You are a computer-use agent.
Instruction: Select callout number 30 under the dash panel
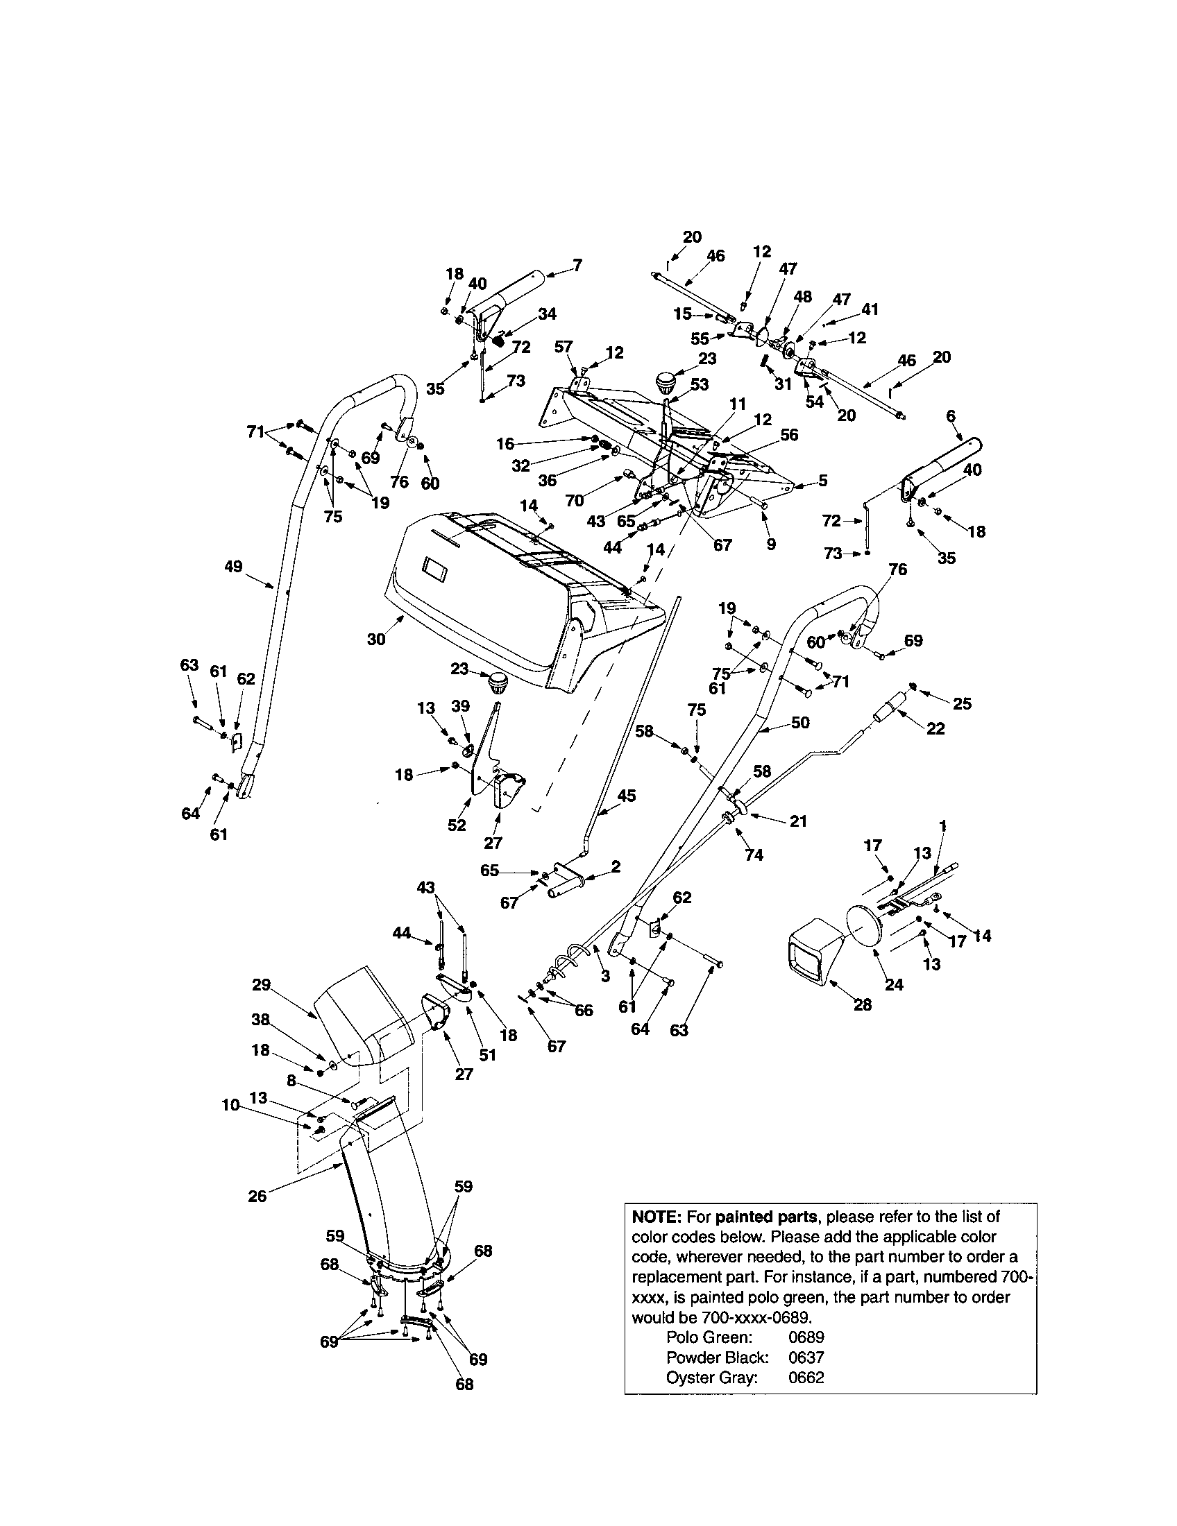click(376, 639)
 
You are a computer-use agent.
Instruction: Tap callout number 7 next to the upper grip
click(577, 265)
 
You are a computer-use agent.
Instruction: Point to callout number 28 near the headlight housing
click(863, 1005)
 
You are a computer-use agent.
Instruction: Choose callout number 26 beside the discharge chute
click(257, 1196)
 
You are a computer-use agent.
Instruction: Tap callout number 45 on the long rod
click(626, 795)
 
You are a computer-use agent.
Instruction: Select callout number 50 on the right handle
click(799, 723)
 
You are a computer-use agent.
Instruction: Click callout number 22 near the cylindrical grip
click(935, 729)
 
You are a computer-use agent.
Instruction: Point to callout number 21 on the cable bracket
click(798, 821)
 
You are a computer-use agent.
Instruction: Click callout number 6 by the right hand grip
click(951, 415)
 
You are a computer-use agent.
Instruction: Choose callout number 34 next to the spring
click(547, 314)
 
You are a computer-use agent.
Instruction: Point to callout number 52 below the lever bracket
click(457, 825)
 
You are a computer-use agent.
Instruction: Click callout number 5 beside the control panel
click(822, 480)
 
